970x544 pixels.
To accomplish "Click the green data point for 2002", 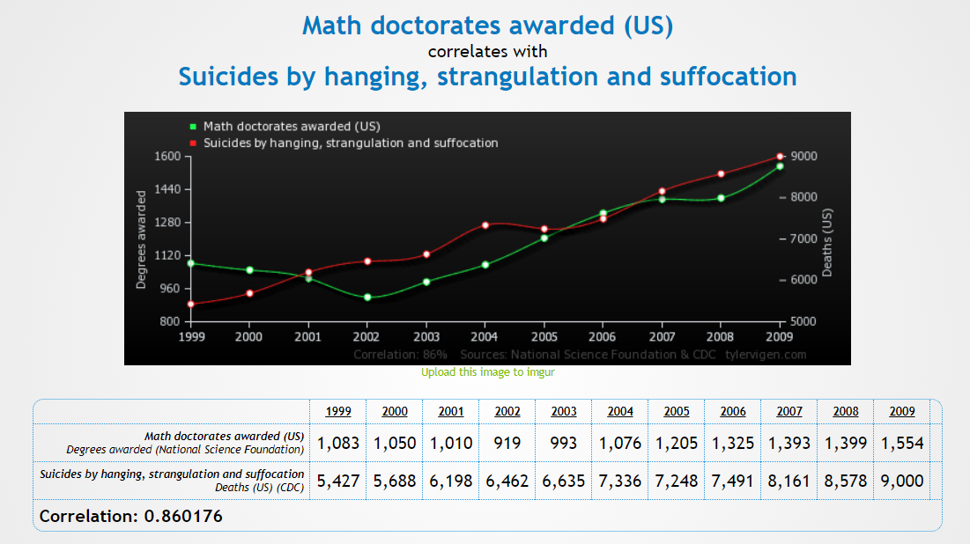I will [x=367, y=298].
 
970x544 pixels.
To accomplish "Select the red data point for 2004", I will [x=485, y=225].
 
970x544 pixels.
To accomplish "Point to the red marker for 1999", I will [x=190, y=305].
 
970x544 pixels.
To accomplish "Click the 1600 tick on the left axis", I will [x=167, y=157].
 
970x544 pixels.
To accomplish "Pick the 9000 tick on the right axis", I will [x=805, y=157].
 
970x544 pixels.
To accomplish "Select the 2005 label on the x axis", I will [x=544, y=336].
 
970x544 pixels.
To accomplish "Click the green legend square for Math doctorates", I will [x=191, y=126].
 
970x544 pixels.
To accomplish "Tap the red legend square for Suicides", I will [x=191, y=143].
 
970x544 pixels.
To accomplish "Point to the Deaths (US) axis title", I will [x=826, y=243].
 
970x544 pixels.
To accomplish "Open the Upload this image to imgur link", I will [x=487, y=372].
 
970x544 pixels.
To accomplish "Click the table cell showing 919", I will [x=507, y=443].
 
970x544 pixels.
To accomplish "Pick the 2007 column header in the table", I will [x=789, y=411].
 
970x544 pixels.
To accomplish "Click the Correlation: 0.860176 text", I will [x=131, y=516].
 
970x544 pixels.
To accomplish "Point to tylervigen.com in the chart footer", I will [x=766, y=355].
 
